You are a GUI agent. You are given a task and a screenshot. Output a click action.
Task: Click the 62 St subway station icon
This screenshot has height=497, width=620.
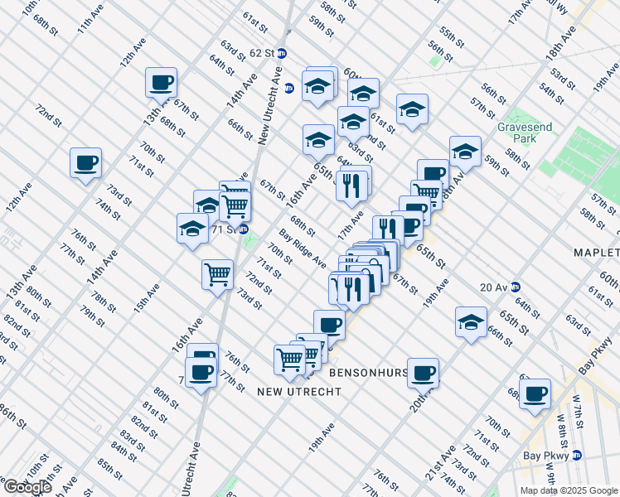(x=282, y=53)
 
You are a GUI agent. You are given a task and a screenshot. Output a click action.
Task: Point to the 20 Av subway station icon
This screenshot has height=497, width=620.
(x=516, y=287)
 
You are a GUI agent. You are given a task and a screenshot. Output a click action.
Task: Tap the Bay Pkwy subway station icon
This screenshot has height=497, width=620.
(x=576, y=455)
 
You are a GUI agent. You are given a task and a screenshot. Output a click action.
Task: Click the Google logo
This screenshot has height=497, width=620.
(x=27, y=487)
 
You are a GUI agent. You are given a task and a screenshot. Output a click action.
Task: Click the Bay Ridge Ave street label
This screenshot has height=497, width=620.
(x=303, y=248)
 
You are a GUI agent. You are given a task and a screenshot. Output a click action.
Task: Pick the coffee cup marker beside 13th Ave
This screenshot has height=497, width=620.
(x=161, y=82)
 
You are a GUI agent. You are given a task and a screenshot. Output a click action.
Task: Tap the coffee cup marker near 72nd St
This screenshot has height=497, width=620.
(x=85, y=162)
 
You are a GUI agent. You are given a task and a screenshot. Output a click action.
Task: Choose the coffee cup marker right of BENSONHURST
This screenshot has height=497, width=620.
(x=424, y=373)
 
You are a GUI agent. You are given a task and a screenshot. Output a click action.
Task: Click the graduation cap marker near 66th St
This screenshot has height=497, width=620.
(x=471, y=321)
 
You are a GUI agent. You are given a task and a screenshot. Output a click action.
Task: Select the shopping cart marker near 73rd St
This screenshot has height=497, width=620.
(x=218, y=274)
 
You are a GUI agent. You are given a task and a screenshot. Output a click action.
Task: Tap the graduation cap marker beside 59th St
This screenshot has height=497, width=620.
(x=465, y=151)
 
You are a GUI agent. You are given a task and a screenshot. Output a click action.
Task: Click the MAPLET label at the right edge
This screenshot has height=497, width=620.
(x=596, y=252)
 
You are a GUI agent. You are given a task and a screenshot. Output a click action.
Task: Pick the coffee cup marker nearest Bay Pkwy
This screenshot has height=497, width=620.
(x=535, y=393)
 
